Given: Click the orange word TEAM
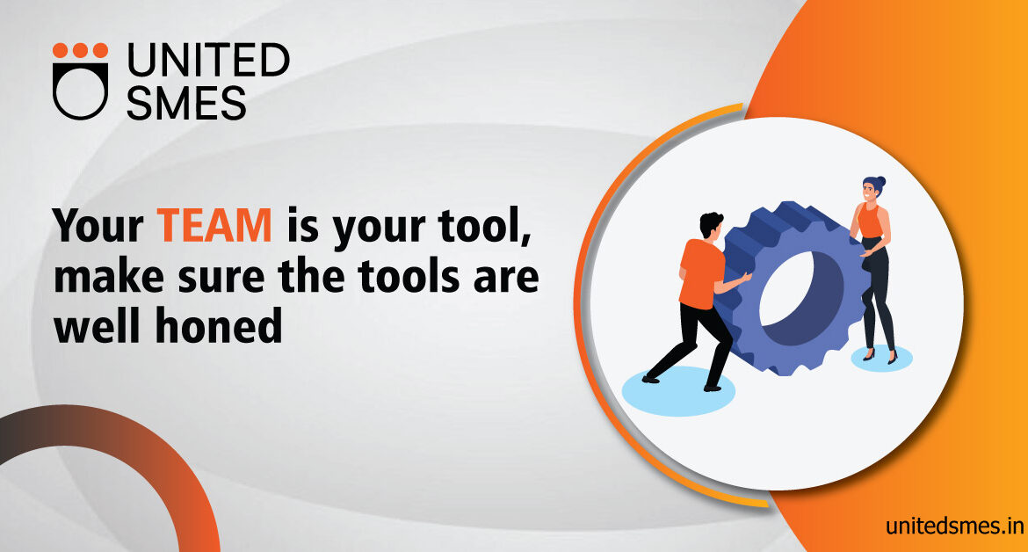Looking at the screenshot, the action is point(214,226).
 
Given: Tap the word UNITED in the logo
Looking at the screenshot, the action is point(208,60).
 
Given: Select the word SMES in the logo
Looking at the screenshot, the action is point(186,102).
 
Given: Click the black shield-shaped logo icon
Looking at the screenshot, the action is point(80,91).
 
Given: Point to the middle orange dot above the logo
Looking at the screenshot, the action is point(80,50).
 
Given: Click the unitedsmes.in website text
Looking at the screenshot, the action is point(954,526).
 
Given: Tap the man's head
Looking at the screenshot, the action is point(711,225).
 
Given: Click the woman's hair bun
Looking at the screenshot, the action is point(880,181).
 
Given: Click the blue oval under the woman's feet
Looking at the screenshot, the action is point(881,358).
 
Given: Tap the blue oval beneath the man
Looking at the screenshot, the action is point(678,391).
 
